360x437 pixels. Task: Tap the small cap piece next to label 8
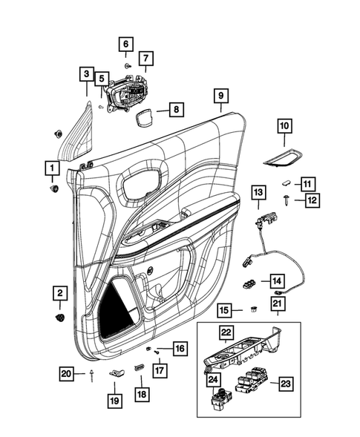coord(143,116)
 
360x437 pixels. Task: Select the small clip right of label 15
coord(252,309)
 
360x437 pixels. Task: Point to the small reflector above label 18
coord(138,368)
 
